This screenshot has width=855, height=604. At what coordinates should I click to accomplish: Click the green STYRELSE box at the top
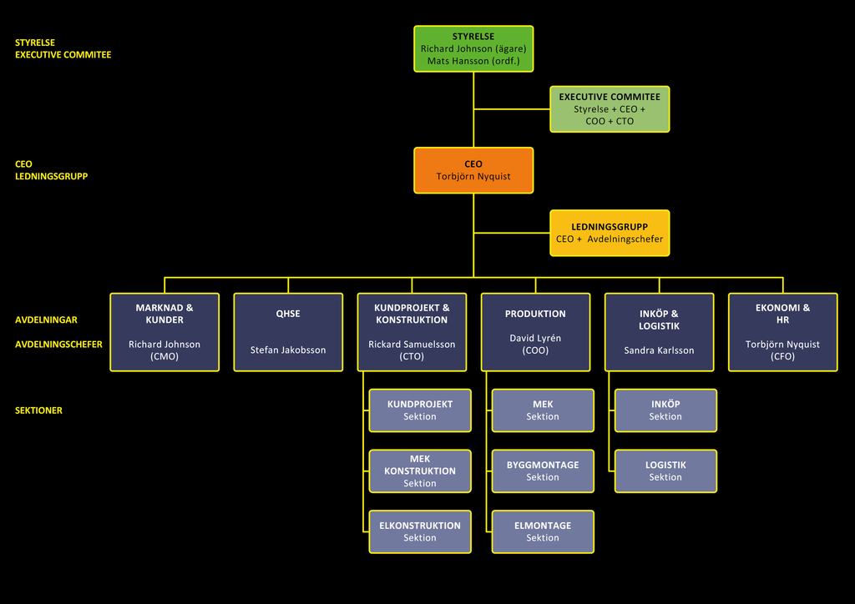click(473, 48)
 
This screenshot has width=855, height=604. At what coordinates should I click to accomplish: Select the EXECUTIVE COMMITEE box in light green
click(610, 109)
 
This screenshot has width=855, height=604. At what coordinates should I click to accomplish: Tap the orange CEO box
click(473, 170)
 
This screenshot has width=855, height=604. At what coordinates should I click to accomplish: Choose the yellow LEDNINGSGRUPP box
click(610, 233)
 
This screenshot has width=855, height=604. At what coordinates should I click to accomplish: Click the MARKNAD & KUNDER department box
click(164, 332)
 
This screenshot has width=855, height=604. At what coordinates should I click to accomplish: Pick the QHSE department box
click(288, 332)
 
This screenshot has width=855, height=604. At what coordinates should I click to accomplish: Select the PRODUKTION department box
click(535, 332)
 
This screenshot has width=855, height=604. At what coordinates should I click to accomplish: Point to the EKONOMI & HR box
click(783, 332)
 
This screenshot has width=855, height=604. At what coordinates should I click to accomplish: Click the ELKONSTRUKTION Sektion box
click(420, 531)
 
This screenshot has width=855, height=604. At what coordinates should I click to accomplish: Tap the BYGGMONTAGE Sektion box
click(543, 471)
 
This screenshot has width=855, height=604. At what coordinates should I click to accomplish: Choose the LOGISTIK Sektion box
click(665, 471)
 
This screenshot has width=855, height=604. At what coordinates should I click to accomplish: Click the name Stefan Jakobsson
click(288, 350)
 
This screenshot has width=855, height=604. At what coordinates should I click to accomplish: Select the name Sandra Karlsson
click(660, 350)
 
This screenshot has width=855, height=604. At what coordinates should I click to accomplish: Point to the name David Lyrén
click(535, 338)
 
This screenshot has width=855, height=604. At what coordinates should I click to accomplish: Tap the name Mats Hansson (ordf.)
click(473, 61)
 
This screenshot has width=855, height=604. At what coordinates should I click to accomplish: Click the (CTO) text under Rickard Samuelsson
click(412, 356)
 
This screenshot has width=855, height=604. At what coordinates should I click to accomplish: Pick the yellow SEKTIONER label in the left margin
click(38, 410)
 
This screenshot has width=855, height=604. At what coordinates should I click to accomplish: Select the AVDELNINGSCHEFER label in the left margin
click(58, 345)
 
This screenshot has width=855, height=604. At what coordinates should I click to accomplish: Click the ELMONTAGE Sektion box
click(543, 531)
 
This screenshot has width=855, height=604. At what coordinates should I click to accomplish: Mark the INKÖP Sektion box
click(665, 410)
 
